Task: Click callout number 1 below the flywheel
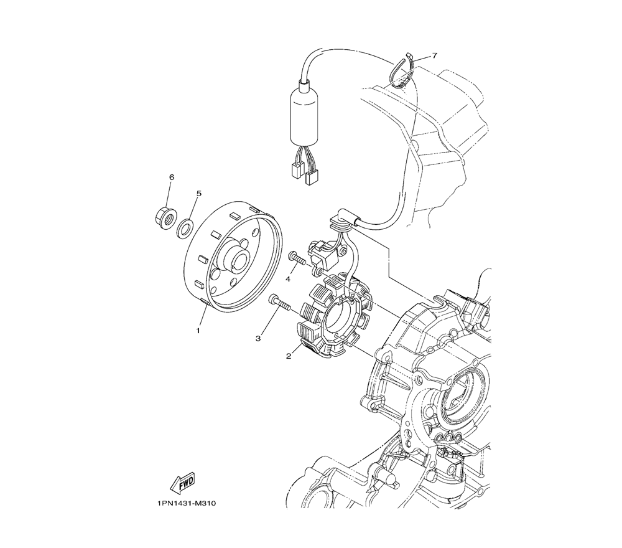point(198,330)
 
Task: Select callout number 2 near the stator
point(289,356)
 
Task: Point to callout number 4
point(288,279)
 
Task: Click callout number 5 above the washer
point(199,194)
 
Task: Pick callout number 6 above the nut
point(171,177)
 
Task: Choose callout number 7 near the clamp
point(434,55)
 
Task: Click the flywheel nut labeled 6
point(164,217)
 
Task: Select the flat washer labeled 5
point(185,229)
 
